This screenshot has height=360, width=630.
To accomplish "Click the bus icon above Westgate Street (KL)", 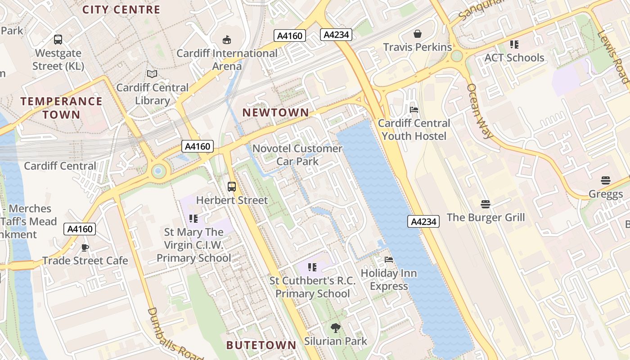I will click(x=58, y=40).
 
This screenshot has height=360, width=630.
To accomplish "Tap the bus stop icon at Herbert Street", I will click(x=232, y=186).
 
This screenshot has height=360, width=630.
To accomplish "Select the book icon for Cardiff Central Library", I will click(x=152, y=74).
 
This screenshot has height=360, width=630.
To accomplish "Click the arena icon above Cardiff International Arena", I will click(x=227, y=40).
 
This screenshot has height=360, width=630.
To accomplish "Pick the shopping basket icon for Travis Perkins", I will click(x=418, y=34).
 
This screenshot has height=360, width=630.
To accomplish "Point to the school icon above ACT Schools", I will click(x=514, y=45).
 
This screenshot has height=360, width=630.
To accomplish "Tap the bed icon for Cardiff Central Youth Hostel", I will click(x=414, y=110).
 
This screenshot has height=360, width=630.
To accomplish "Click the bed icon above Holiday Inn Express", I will click(x=389, y=260).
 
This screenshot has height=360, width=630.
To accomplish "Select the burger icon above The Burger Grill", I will click(x=485, y=204).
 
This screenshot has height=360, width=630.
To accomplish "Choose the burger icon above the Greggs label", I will click(x=606, y=181).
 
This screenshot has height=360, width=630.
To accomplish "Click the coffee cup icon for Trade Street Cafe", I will click(x=85, y=247).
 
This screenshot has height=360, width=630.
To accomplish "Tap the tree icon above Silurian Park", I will click(x=335, y=328).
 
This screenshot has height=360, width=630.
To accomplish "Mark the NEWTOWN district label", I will click(x=276, y=112).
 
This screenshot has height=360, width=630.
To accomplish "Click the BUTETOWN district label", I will click(x=261, y=345).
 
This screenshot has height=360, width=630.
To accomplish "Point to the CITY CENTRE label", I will click(x=121, y=9).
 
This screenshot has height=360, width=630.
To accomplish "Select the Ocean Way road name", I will click(x=479, y=111).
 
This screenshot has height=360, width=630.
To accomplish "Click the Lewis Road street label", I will click(x=613, y=57).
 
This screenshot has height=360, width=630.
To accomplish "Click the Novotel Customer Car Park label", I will click(x=297, y=154).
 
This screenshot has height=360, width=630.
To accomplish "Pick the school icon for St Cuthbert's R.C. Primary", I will click(x=313, y=268).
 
